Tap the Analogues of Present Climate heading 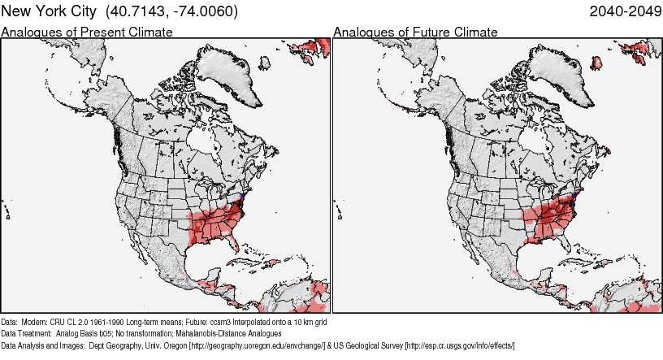[87, 32]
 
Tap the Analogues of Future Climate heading [415, 32]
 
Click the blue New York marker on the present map [245, 195]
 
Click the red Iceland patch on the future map [602, 62]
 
